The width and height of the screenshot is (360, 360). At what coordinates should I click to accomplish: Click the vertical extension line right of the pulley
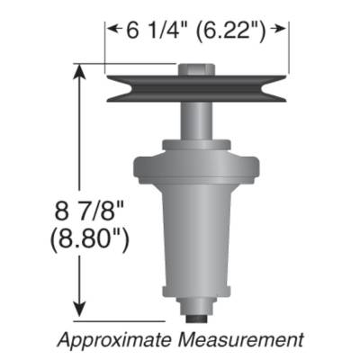pos(289,49)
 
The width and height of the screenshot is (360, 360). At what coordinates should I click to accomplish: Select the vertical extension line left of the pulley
pos(106,49)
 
